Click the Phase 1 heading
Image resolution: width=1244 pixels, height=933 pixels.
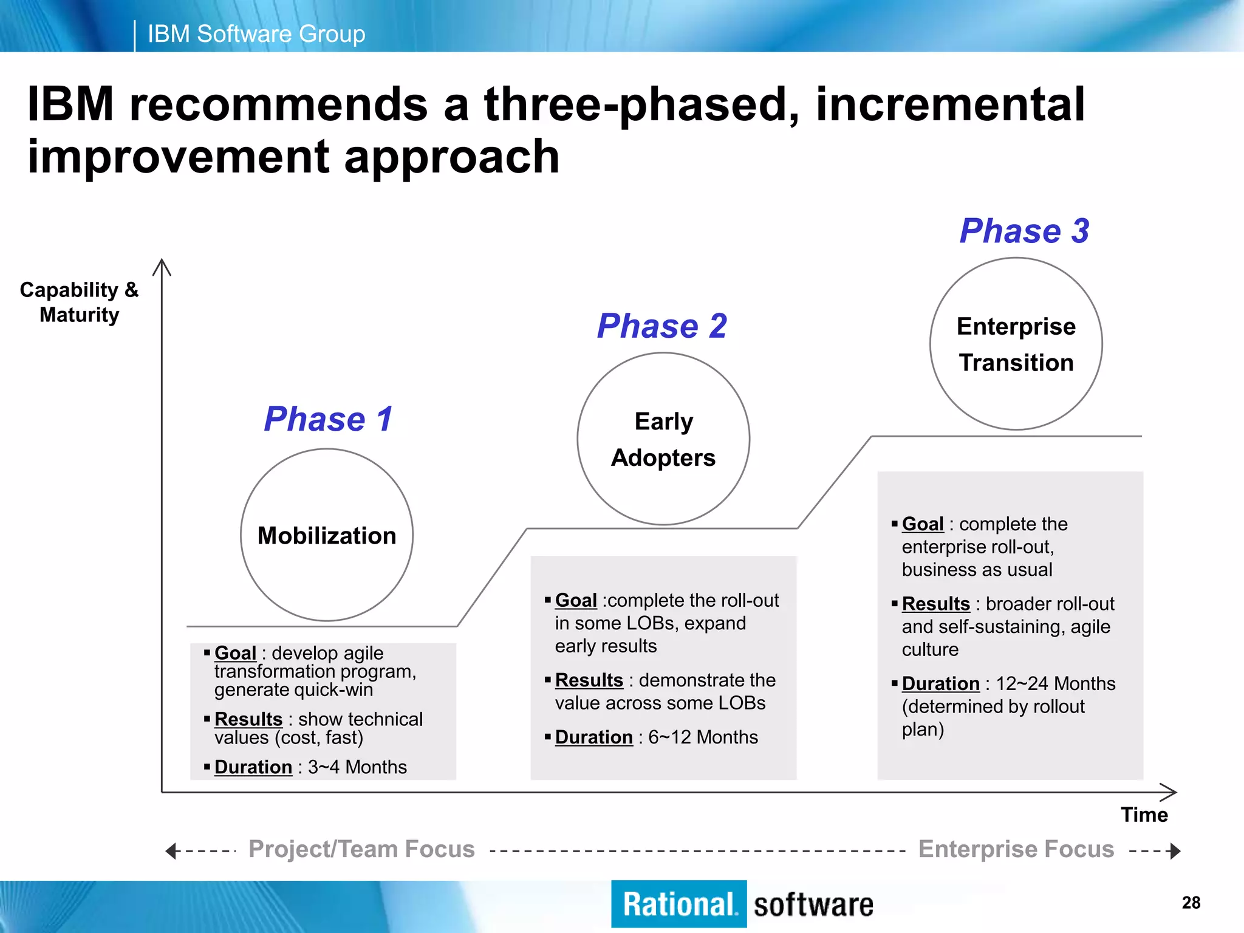point(329,419)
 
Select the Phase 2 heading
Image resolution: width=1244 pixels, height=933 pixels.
point(661,326)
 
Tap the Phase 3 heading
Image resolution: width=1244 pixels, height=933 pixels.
point(1024,231)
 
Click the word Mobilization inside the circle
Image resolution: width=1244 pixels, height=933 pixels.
point(327,536)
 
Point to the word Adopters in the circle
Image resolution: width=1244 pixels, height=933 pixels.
point(663,458)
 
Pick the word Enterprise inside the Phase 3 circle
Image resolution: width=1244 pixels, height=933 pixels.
point(1016,327)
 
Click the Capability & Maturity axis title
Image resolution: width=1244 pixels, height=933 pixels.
point(79,302)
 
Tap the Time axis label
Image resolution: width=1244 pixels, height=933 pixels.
point(1144,815)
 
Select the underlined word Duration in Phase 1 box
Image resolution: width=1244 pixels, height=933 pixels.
point(253,767)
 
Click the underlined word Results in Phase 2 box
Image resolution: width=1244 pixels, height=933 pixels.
point(589,680)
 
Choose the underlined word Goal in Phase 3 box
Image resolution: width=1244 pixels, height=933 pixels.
point(922,524)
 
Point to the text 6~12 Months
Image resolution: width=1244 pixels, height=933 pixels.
point(703,737)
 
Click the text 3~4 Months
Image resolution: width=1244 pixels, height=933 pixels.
point(357,767)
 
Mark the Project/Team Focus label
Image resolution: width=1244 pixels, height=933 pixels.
point(361,849)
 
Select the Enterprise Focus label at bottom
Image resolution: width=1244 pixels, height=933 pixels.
point(1016,849)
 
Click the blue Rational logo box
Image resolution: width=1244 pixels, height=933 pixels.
point(678,904)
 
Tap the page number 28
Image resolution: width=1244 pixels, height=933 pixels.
point(1191,903)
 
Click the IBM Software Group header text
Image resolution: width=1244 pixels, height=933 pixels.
point(256,34)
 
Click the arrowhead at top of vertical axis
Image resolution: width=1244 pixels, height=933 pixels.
point(162,265)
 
